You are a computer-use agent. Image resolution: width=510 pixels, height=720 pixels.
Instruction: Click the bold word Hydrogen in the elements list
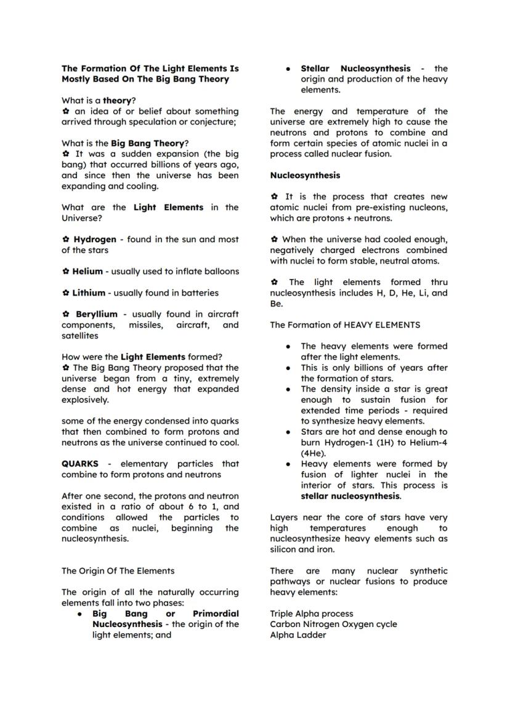tap(95, 240)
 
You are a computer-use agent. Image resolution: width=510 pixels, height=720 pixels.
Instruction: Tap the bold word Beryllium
tap(96, 315)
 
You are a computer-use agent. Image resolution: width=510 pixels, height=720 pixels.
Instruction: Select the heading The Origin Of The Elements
tap(118, 571)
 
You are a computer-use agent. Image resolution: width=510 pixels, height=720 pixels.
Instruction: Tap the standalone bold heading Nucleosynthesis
tap(305, 176)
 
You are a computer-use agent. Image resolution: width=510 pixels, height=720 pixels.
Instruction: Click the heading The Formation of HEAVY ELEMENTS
tap(345, 325)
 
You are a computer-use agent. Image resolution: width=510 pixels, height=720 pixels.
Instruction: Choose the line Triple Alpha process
tap(312, 614)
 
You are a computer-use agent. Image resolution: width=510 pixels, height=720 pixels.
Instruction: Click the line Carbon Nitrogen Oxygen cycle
tap(333, 625)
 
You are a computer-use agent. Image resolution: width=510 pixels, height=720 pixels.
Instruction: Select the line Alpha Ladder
tap(298, 635)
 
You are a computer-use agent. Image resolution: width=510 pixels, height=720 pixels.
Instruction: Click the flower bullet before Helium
tap(65, 272)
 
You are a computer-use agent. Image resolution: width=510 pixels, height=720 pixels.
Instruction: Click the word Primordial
tap(216, 614)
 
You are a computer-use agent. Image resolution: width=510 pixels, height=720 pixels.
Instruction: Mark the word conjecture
tap(211, 122)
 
